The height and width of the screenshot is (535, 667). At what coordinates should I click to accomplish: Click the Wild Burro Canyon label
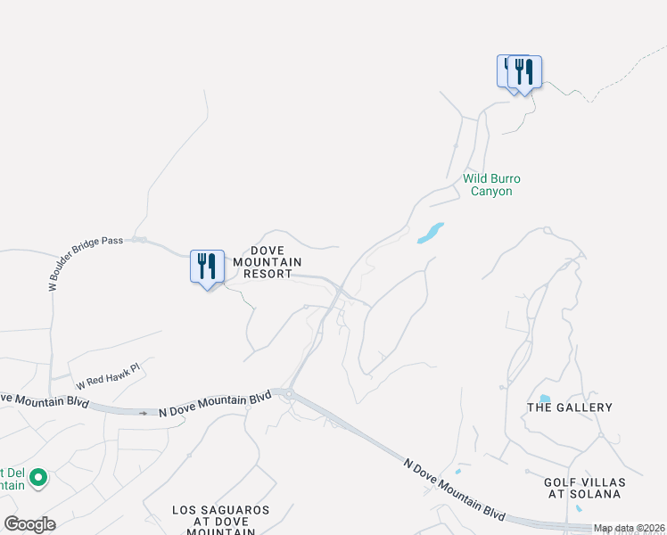[x=491, y=185]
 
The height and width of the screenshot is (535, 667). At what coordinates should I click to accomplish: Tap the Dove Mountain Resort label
[x=268, y=262]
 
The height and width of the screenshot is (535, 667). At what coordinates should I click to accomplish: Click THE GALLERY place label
[x=570, y=407]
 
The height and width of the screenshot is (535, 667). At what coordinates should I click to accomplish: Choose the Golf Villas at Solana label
[x=584, y=489]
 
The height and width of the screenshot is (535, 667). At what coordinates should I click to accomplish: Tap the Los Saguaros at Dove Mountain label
[x=220, y=521]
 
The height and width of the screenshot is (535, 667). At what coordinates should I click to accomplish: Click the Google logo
[x=30, y=524]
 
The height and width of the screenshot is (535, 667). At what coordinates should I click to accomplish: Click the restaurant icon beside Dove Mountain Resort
[x=207, y=267]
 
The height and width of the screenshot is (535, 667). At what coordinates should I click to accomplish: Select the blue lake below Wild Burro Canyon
[x=430, y=234]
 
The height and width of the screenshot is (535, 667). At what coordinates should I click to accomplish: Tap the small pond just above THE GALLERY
[x=544, y=398]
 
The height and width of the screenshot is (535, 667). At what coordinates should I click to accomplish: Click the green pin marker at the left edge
[x=37, y=480]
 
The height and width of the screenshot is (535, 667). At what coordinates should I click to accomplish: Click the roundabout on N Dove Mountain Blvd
[x=288, y=391]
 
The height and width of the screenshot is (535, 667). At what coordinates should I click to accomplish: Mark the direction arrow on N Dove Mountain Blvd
[x=143, y=413]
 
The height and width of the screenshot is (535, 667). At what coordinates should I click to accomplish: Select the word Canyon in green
[x=491, y=191]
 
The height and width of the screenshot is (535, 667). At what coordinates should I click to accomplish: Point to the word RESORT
[x=268, y=275]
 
